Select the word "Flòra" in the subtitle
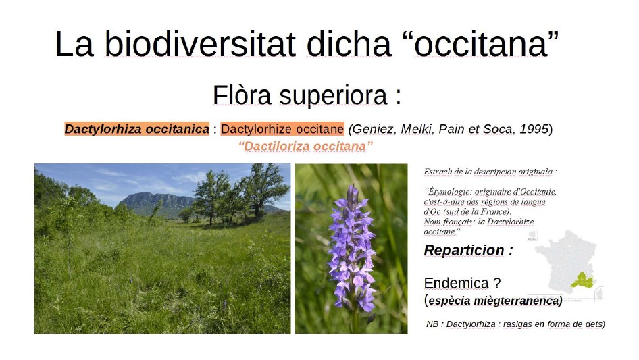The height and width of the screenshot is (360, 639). pyautogui.click(x=241, y=95)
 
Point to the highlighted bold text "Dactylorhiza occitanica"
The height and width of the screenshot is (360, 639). pyautogui.click(x=136, y=129)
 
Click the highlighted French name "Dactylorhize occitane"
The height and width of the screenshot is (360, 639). pyautogui.click(x=282, y=129)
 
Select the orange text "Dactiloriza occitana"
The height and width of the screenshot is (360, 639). pyautogui.click(x=305, y=146)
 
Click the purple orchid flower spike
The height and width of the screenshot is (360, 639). pyautogui.click(x=351, y=250)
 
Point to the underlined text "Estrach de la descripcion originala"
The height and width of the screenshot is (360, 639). pyautogui.click(x=490, y=172)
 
